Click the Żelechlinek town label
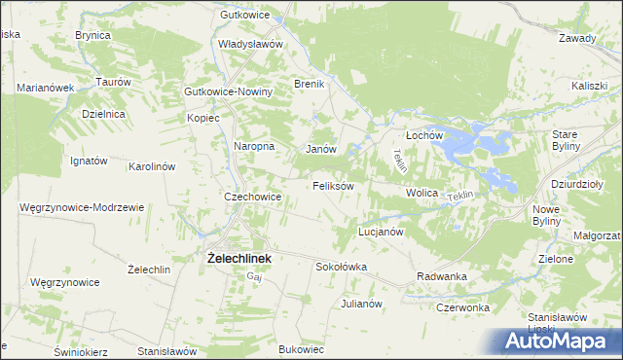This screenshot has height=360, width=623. point(238,259)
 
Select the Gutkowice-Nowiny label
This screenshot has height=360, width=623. point(229,91)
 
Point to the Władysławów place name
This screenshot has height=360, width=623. point(250,45)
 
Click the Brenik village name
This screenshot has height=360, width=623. point(309,85)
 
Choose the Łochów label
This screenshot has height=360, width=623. point(424,135)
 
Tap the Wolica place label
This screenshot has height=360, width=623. point(422,194)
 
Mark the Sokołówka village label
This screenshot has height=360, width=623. point(341,266)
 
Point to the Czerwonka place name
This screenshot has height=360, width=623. point(462,307)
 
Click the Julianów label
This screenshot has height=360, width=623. point(359,304)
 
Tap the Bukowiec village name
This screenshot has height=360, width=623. point(301,348)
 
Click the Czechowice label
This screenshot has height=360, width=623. point(253,197)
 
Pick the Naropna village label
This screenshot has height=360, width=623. point(255,146)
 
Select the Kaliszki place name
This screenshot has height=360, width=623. point(590,86)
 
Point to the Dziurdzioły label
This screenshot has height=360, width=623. point(578,183)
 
